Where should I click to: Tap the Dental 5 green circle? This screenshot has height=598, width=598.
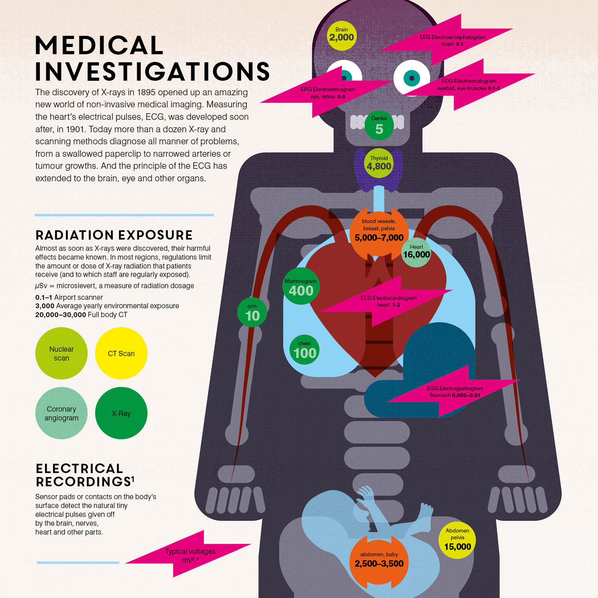coord(379,125)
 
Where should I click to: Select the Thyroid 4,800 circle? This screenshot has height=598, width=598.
coord(379,163)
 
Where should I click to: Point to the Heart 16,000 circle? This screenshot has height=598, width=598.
coord(416,252)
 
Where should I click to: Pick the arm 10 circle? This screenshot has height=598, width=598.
coord(252,313)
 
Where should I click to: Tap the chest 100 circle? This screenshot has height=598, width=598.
coord(305,350)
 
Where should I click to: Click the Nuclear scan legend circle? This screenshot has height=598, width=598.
coord(61,353)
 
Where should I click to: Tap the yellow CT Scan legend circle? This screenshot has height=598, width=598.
coord(121,353)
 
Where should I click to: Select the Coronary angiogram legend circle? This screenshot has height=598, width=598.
coord(61,413)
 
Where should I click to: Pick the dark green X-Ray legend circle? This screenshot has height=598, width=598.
coord(121,413)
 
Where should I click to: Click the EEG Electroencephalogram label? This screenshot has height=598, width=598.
coord(452,40)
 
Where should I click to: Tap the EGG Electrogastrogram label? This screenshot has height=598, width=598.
coord(454,391)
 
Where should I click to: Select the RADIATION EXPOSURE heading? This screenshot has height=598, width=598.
coord(114,235)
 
